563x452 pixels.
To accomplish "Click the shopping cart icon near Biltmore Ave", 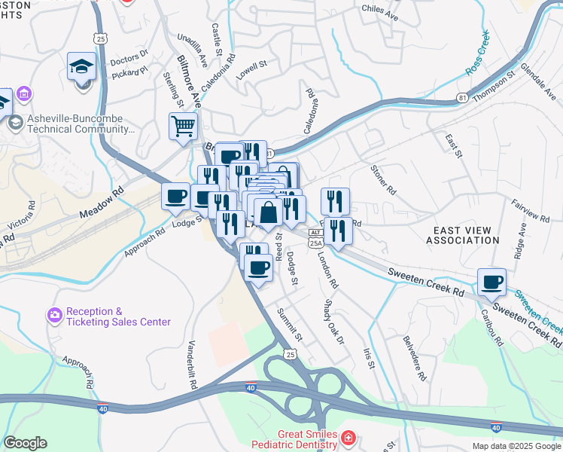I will [183, 127].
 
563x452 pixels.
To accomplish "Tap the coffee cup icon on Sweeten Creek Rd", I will [491, 282].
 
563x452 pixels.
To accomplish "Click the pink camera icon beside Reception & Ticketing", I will [54, 316].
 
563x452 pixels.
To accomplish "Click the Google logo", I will [25, 443].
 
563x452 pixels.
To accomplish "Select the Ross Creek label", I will [477, 53].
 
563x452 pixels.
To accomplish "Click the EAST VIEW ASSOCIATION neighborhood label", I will [462, 234].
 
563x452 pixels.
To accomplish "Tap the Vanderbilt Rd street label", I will [192, 363].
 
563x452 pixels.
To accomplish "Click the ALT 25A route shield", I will [316, 238].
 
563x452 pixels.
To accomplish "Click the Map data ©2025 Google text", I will [516, 446].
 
